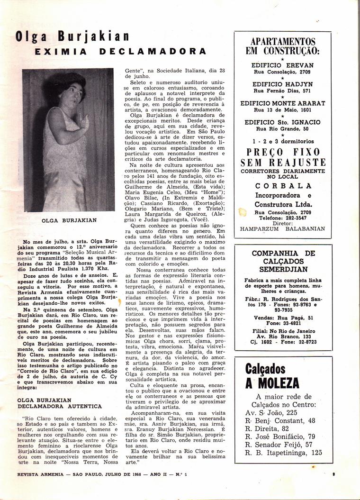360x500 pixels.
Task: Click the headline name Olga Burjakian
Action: tap(72, 36)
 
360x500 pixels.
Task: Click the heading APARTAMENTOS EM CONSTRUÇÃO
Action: tap(283, 46)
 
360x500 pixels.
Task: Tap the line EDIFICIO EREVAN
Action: tap(283, 65)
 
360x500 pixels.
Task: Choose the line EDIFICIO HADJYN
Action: tap(283, 84)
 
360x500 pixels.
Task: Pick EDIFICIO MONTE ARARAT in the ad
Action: tap(283, 103)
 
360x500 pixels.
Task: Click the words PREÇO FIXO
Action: tap(283, 152)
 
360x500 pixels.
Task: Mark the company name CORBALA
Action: tap(283, 185)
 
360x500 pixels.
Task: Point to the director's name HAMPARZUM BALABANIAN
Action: tap(283, 228)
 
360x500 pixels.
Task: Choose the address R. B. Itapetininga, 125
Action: tap(283, 452)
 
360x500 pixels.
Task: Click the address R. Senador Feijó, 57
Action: tap(279, 443)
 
